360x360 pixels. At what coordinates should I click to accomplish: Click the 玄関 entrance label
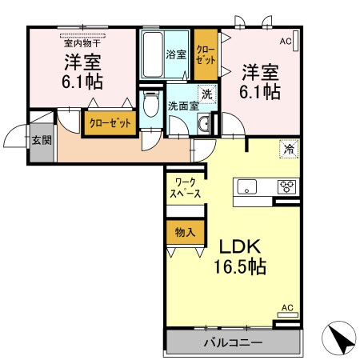click(x=40, y=140)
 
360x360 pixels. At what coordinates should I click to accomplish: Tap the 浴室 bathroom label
click(x=175, y=55)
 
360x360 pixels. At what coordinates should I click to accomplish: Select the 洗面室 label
click(x=182, y=106)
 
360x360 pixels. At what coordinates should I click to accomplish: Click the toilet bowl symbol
click(x=150, y=106)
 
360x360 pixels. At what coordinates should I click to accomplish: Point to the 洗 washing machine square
click(x=206, y=94)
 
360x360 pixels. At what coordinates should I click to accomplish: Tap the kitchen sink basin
click(x=246, y=188)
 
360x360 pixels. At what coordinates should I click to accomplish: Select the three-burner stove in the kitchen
click(x=286, y=188)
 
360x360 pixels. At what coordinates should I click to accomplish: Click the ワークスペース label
click(x=183, y=188)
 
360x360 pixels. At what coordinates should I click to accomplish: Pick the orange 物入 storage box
click(x=184, y=233)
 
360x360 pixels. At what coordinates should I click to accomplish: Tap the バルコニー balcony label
click(x=232, y=342)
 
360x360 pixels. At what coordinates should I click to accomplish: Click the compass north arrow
click(x=341, y=340)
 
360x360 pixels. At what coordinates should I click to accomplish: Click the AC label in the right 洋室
click(x=286, y=39)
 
